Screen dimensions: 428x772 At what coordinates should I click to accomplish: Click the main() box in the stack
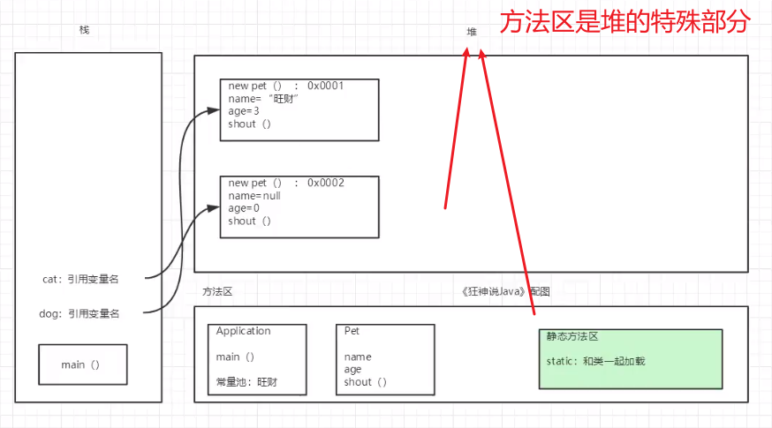[83, 364]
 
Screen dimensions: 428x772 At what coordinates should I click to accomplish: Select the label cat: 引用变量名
[80, 279]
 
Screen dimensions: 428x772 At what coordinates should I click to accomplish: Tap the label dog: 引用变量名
[80, 313]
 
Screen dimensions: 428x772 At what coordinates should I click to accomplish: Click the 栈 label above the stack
[84, 30]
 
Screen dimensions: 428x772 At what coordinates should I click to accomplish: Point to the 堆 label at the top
[472, 32]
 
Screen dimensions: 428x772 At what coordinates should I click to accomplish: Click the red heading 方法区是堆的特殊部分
[624, 21]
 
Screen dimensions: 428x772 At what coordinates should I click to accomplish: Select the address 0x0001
[325, 86]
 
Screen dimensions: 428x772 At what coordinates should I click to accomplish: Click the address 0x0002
[325, 183]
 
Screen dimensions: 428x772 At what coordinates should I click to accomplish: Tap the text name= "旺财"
[264, 99]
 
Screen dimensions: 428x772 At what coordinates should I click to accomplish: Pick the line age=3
[244, 111]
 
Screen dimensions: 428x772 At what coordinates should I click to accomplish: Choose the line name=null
[254, 195]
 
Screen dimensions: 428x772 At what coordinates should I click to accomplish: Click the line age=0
[244, 208]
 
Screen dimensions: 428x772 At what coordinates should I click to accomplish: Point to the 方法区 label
[217, 291]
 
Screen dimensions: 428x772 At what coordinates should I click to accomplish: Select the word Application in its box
[244, 331]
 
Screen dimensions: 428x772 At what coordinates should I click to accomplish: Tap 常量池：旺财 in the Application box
[247, 382]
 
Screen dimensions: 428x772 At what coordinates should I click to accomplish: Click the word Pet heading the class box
[352, 331]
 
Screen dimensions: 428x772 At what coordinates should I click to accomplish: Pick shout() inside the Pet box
[366, 382]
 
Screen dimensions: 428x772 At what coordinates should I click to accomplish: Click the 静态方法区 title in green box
[572, 336]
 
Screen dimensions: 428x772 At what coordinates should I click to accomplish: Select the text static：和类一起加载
[596, 361]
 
